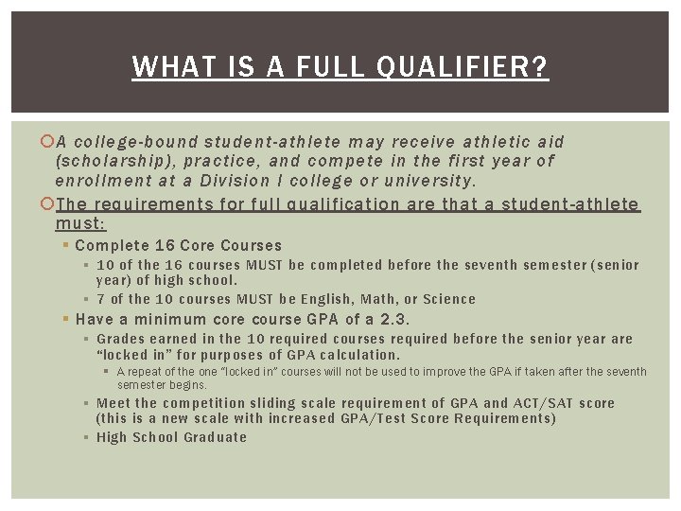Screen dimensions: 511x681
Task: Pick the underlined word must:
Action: (81, 223)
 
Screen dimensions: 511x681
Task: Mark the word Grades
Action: (122, 339)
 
